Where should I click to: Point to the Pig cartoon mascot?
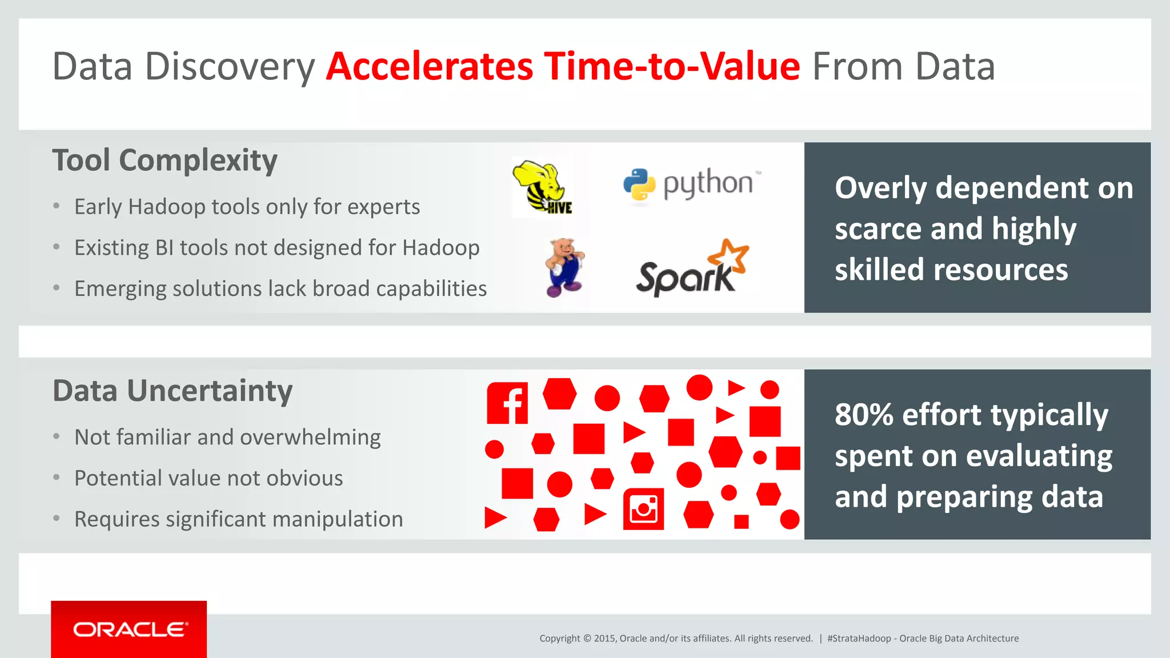[x=564, y=267]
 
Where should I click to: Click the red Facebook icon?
[x=507, y=403]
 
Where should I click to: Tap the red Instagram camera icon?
[x=643, y=508]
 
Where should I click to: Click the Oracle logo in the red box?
[x=129, y=629]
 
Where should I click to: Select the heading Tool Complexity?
[x=165, y=161]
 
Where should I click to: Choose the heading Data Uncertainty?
[x=173, y=391]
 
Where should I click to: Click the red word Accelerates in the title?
[x=430, y=67]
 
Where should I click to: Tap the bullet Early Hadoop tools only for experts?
[x=247, y=207]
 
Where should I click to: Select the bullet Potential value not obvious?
[x=209, y=478]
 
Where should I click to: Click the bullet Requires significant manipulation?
[x=238, y=519]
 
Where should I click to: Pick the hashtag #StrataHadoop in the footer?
[x=859, y=639]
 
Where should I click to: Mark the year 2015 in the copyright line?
[x=604, y=639]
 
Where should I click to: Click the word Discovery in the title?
[x=230, y=67]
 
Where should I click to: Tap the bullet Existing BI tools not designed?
[x=277, y=248]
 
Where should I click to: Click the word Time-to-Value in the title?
[x=672, y=67]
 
